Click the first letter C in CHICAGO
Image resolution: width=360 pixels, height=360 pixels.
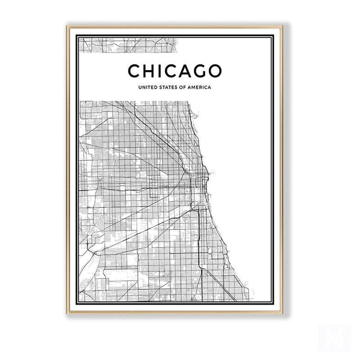click(x=135, y=71)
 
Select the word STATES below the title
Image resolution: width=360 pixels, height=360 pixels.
click(x=171, y=88)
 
